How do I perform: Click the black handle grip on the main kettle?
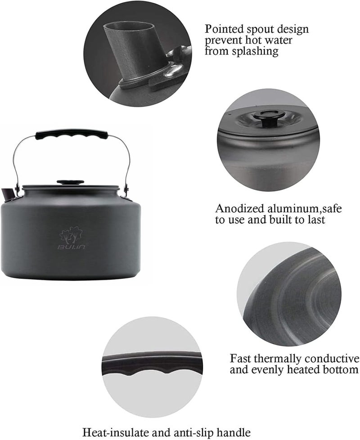pos(72,134)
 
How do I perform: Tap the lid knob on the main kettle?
pos(70,182)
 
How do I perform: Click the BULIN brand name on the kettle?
pos(71,247)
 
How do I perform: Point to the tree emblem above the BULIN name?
pos(71,235)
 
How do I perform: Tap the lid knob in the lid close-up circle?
pos(268,116)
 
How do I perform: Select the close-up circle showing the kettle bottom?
pos(289,295)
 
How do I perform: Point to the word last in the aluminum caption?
pos(314,220)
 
